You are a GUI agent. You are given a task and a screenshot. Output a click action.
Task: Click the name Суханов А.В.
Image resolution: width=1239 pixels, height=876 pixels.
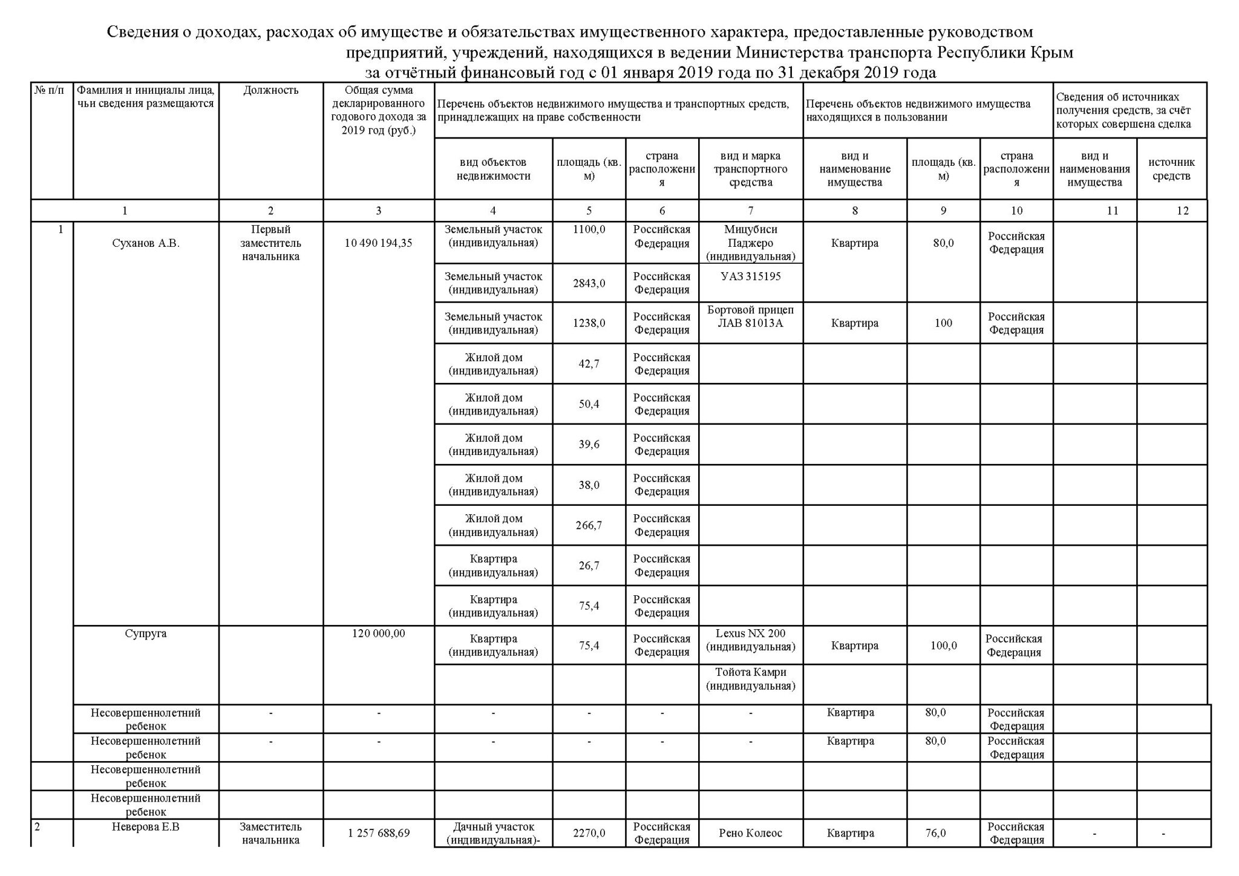pos(146,243)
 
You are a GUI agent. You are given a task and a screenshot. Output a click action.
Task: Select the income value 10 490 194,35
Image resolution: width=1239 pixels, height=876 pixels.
pos(379,243)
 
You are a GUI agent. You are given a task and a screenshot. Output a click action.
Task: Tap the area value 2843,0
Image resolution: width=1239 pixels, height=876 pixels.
pos(589,283)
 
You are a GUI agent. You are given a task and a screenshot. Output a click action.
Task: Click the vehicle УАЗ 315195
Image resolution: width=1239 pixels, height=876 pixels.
pos(750,276)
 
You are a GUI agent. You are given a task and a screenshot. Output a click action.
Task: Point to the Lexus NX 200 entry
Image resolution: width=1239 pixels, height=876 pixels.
pos(750,640)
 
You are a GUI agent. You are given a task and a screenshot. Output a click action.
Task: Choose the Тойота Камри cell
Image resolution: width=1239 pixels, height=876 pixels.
pos(750,679)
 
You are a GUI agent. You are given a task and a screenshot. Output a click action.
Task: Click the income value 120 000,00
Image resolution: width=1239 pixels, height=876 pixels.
pos(379,633)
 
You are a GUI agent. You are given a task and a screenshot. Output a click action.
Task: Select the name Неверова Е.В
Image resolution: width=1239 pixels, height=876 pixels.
pos(146,826)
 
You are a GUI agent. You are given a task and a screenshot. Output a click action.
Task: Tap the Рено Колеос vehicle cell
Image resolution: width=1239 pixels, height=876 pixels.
pos(750,833)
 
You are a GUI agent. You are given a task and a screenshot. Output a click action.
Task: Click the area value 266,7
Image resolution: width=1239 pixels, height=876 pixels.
pos(589,525)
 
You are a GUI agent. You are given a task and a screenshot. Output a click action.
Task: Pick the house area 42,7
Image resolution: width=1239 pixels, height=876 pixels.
pos(589,364)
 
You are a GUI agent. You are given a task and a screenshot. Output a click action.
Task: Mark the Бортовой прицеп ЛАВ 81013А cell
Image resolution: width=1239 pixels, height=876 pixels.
pos(750,316)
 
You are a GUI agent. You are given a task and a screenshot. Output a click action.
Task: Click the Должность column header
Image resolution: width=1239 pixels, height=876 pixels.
pos(270,91)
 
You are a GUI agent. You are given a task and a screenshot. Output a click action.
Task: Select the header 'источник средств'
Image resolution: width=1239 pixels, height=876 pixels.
pos(1171,169)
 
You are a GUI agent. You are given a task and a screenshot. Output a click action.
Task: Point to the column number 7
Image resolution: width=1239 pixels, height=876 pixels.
pos(750,211)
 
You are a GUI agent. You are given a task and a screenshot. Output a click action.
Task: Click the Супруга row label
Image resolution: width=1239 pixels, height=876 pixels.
pos(146,633)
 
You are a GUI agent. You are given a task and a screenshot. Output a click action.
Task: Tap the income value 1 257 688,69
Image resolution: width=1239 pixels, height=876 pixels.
pos(379,833)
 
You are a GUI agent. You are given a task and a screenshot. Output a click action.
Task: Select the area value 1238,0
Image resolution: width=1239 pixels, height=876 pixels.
pos(589,323)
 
